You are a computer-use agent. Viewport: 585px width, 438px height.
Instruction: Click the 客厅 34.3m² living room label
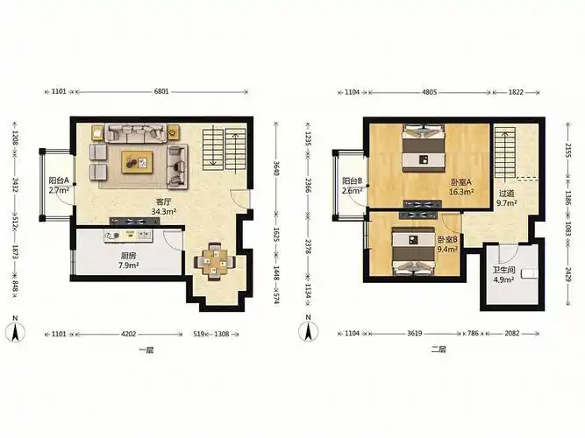click(163, 207)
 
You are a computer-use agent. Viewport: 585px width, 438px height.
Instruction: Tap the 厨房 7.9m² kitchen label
click(128, 260)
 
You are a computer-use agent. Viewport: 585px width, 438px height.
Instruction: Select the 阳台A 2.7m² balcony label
click(59, 185)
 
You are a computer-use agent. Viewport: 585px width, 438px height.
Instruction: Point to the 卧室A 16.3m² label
click(461, 187)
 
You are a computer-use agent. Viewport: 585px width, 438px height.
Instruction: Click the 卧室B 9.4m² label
click(447, 244)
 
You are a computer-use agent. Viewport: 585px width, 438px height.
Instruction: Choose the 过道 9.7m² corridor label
click(506, 198)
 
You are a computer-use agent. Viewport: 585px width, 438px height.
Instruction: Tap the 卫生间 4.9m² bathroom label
click(503, 275)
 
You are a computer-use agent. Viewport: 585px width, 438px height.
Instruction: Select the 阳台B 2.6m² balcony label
click(353, 186)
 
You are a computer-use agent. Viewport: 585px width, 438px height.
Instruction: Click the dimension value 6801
click(161, 91)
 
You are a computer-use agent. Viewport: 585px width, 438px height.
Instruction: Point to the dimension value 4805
click(429, 92)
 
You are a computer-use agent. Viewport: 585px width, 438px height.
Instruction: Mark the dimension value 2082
click(512, 333)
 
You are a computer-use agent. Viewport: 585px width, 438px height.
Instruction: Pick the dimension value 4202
click(129, 334)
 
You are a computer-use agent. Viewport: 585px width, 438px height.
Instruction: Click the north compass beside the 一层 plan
click(15, 329)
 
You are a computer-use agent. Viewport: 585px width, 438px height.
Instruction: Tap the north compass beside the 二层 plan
click(308, 328)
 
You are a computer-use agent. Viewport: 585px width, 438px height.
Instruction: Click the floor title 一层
click(146, 350)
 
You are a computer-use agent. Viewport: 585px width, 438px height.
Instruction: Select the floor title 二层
click(439, 350)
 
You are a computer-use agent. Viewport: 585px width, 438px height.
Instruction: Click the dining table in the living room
click(215, 261)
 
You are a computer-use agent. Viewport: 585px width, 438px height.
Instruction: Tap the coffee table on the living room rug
click(137, 162)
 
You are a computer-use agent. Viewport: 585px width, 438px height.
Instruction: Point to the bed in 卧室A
click(424, 148)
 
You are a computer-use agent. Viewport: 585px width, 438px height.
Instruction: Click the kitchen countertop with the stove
click(129, 236)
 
